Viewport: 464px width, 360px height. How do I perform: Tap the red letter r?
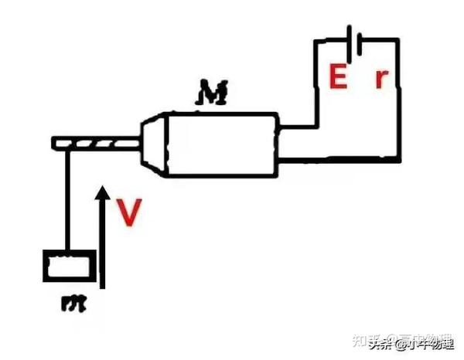tap(380, 80)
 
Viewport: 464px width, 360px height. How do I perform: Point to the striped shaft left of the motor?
tap(97, 144)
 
